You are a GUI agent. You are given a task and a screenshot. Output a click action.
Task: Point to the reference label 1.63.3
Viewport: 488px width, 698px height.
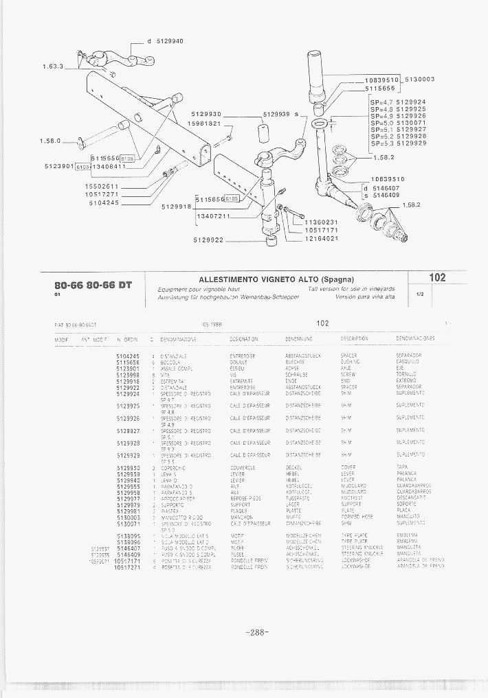click(x=52, y=67)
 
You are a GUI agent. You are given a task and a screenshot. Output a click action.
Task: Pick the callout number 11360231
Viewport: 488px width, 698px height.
click(x=322, y=222)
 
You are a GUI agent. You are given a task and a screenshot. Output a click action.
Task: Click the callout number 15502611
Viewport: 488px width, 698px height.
click(x=102, y=187)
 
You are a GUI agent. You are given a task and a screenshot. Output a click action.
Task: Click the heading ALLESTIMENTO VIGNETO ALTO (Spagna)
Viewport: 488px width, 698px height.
click(x=276, y=279)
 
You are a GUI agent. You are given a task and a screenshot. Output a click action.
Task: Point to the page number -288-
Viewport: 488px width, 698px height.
click(x=256, y=633)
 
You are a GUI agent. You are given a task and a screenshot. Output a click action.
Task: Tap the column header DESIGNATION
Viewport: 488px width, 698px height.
click(x=243, y=339)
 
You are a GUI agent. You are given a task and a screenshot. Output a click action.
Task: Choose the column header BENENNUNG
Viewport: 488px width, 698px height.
click(x=299, y=339)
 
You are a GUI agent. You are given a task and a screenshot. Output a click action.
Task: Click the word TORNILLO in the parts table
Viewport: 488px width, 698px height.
click(x=407, y=375)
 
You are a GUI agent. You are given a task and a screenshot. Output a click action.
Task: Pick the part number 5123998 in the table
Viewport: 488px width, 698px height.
click(x=128, y=375)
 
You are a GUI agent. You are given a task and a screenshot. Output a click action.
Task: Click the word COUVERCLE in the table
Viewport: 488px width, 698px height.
click(x=243, y=467)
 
